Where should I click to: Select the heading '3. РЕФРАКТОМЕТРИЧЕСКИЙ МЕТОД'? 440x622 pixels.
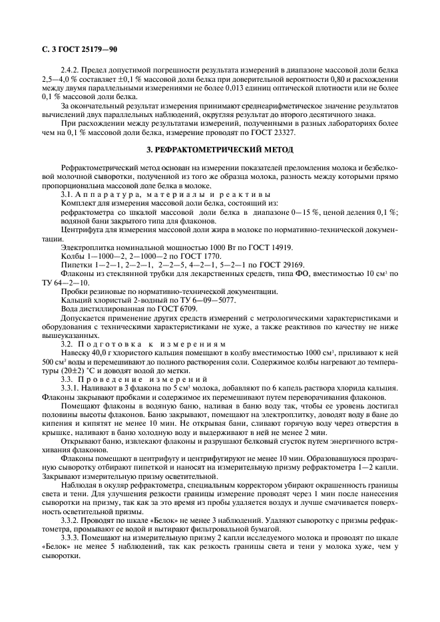pyautogui.click(x=219, y=150)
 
